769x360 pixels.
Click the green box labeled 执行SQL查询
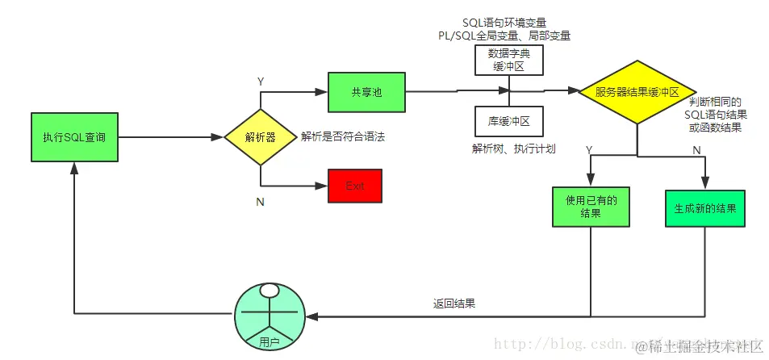pyautogui.click(x=73, y=137)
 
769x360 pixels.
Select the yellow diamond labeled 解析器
pyautogui.click(x=260, y=137)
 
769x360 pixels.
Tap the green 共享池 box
pyautogui.click(x=366, y=92)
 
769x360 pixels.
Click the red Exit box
pyautogui.click(x=355, y=186)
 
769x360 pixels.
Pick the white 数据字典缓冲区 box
pyautogui.click(x=508, y=61)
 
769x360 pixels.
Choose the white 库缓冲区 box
pyautogui.click(x=508, y=121)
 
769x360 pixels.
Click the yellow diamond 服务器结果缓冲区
pyautogui.click(x=637, y=92)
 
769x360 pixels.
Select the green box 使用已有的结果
pyautogui.click(x=590, y=207)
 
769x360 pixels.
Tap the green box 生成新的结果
pyautogui.click(x=704, y=207)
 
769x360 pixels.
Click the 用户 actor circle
pyautogui.click(x=270, y=316)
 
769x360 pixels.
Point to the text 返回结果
pyautogui.click(x=453, y=304)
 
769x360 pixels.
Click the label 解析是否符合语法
pyautogui.click(x=343, y=137)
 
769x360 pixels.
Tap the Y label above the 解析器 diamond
pyautogui.click(x=260, y=82)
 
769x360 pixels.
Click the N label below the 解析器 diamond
pyautogui.click(x=260, y=202)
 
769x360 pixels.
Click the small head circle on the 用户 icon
pyautogui.click(x=270, y=290)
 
